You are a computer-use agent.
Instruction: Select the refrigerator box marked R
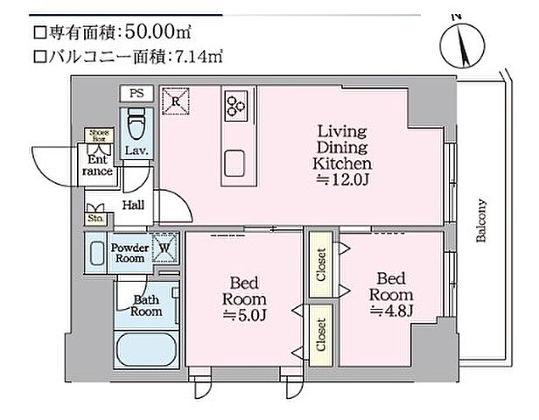point(176,101)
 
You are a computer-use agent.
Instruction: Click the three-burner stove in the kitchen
point(234,106)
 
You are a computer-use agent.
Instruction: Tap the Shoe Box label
point(95,135)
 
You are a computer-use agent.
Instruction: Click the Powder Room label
point(129,252)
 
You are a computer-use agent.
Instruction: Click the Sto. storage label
point(94,218)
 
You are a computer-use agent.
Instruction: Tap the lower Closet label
point(321,334)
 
